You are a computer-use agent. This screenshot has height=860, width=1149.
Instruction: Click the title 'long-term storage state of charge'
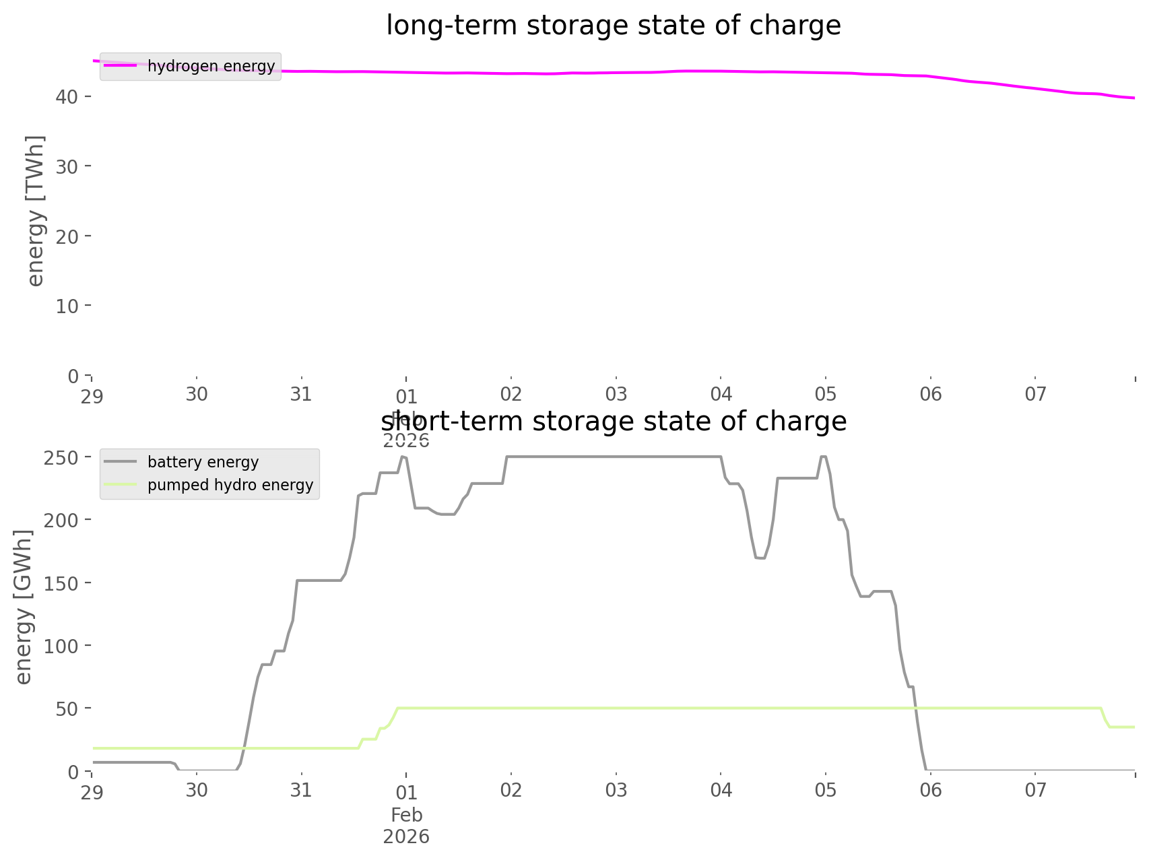click(613, 26)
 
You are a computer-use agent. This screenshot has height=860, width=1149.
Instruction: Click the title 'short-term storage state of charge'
click(613, 422)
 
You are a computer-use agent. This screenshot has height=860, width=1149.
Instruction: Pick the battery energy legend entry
click(203, 462)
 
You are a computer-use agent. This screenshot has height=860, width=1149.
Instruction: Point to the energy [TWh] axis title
click(36, 211)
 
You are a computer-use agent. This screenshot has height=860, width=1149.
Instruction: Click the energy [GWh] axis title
click(24, 607)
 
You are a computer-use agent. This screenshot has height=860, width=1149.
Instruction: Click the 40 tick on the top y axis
click(67, 97)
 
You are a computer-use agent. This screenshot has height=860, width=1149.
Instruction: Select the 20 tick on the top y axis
click(67, 236)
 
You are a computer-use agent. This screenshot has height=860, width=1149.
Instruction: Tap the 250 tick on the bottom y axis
click(62, 458)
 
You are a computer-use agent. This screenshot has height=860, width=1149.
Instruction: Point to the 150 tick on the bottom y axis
click(62, 583)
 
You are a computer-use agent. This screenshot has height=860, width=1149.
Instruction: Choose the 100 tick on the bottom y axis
click(62, 646)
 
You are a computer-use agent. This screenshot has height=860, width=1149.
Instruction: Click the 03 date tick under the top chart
click(616, 395)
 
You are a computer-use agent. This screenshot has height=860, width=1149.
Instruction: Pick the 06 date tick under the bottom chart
click(931, 790)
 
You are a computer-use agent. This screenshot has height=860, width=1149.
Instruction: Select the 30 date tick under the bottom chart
click(197, 790)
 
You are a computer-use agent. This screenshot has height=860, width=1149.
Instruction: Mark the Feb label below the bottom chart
click(407, 815)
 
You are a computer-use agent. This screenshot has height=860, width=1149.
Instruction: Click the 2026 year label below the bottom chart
click(407, 836)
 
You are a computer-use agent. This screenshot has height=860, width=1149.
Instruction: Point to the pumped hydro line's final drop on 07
click(1105, 718)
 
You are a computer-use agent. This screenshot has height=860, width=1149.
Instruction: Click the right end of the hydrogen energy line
click(1134, 98)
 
